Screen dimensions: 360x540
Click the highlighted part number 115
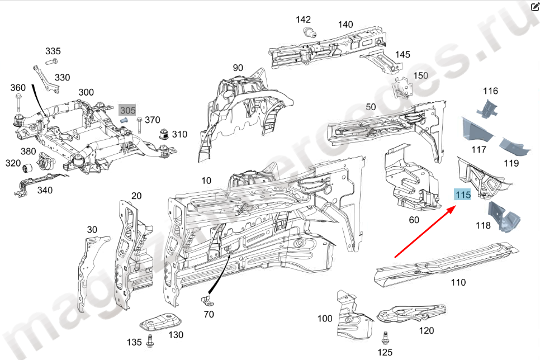463,195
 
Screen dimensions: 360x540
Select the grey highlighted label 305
128,111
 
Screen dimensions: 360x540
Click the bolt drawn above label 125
385,337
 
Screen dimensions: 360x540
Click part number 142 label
304,20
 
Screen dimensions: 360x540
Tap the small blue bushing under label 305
125,120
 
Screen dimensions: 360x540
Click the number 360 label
18,88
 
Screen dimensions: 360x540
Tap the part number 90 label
238,68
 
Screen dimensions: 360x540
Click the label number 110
458,282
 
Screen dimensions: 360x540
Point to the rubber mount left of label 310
164,135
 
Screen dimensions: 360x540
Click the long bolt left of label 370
139,123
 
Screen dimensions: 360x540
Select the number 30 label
92,230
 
